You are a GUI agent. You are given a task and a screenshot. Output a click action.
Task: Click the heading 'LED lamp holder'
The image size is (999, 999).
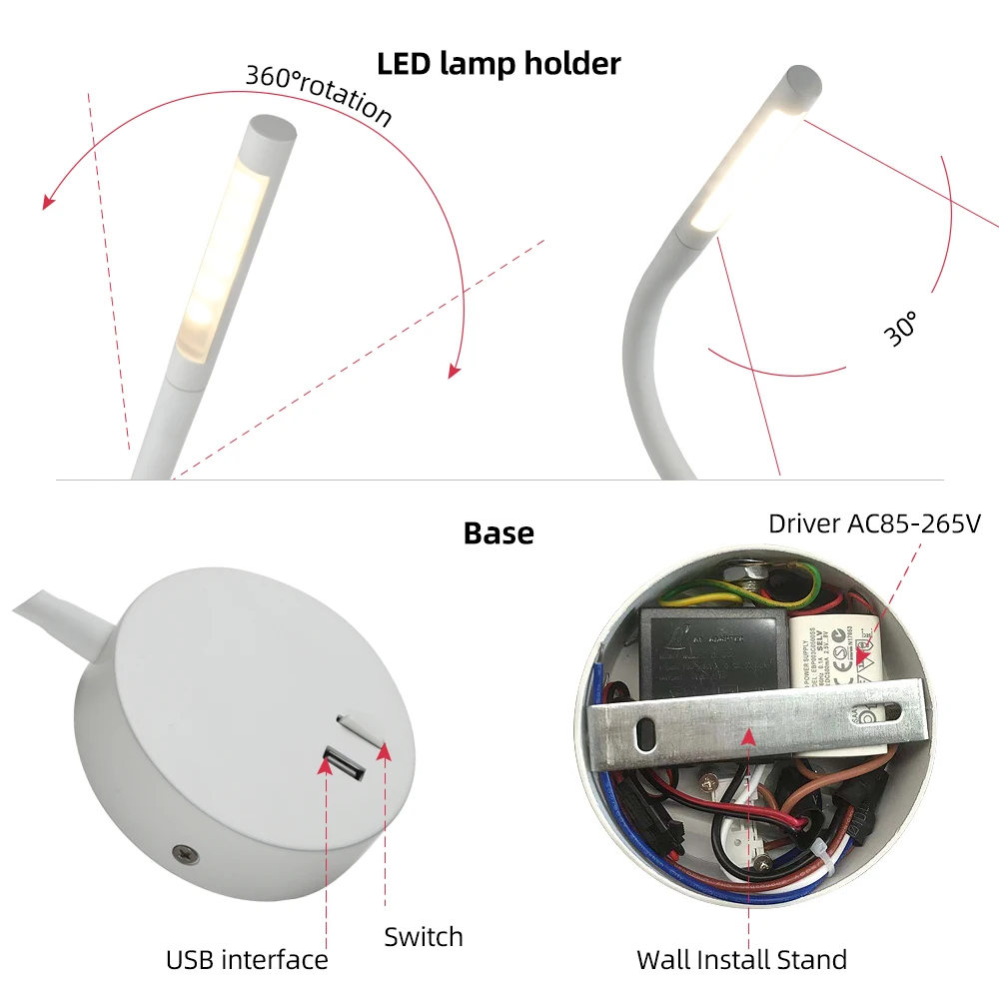click(x=499, y=63)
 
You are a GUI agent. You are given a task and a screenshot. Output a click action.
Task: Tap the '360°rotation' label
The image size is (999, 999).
click(x=318, y=95)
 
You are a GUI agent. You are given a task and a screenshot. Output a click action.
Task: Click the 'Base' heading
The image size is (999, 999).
click(x=499, y=532)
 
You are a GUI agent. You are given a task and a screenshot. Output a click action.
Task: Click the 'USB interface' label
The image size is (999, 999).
click(x=247, y=960)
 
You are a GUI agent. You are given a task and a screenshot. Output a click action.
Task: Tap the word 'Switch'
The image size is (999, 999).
click(x=424, y=936)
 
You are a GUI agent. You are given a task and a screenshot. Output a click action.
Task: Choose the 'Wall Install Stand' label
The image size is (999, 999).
click(x=741, y=960)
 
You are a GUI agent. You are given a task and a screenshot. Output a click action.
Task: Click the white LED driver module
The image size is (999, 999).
click(x=839, y=651)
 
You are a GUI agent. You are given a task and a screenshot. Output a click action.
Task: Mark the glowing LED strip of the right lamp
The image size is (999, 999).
click(x=744, y=165)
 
